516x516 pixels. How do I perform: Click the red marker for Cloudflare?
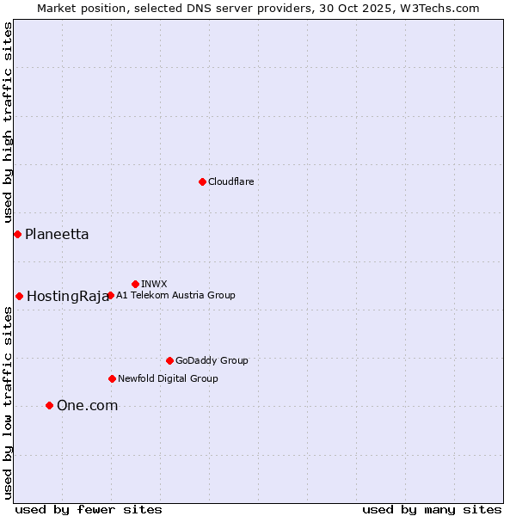[x=202, y=181]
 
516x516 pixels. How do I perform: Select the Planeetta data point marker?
[x=17, y=234]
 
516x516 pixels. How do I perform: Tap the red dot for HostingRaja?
[x=19, y=296]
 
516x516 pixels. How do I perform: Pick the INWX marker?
[x=135, y=284]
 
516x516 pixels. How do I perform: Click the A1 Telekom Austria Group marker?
[x=110, y=295]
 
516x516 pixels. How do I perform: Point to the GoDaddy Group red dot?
[x=169, y=360]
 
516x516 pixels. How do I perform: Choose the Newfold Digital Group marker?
[x=112, y=378]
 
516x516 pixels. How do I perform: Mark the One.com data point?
[x=49, y=405]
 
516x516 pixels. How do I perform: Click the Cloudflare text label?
[x=230, y=181]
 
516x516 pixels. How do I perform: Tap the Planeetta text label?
[x=57, y=234]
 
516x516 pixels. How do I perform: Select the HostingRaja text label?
[x=68, y=296]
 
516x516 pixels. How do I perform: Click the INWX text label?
[x=154, y=284]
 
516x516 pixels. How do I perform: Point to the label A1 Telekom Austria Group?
[x=175, y=295]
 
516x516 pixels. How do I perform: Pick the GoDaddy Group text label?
[x=212, y=360]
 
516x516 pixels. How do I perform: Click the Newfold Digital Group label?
[x=168, y=378]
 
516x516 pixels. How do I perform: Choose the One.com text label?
[x=87, y=405]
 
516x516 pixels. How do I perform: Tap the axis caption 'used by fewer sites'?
[x=89, y=509]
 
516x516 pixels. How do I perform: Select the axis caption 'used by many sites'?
[x=432, y=509]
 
